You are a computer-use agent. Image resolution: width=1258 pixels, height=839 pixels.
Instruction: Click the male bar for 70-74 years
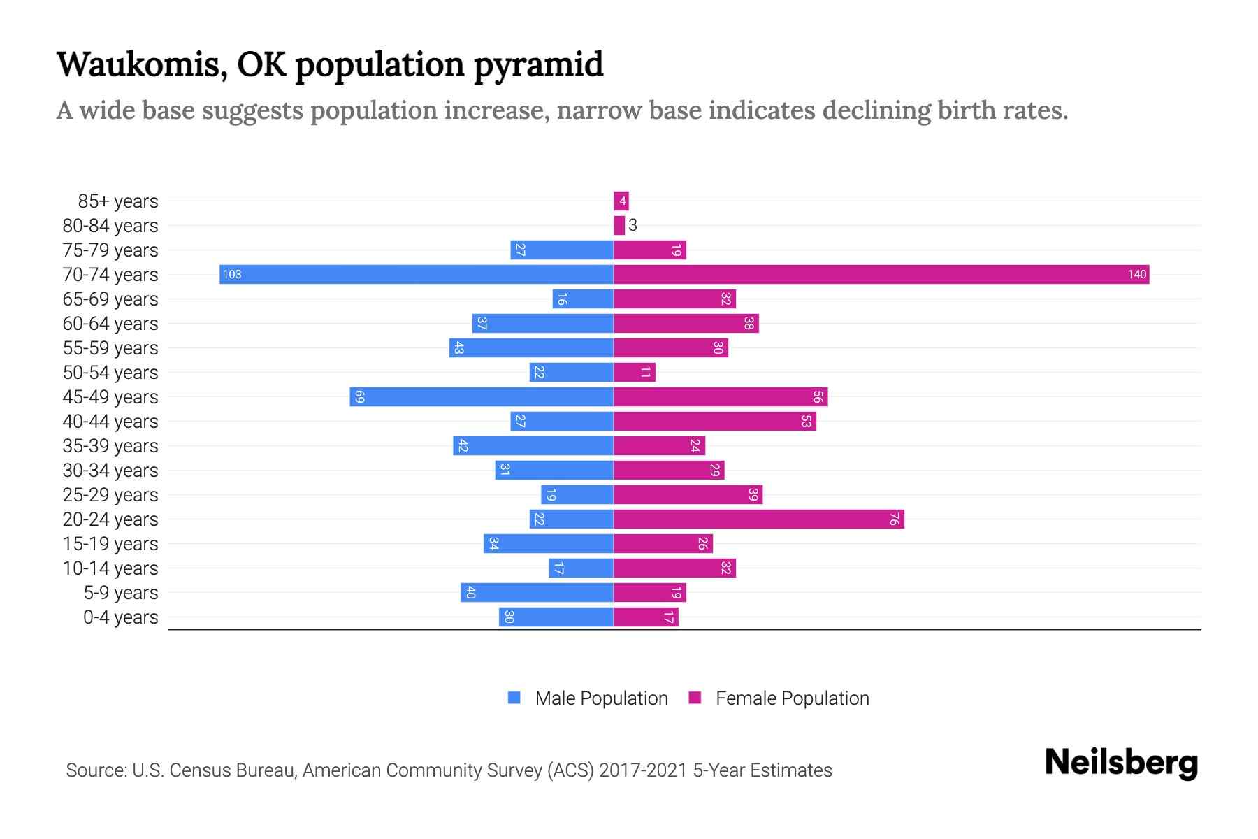point(416,274)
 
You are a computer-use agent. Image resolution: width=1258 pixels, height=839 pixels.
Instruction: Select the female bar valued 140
point(881,274)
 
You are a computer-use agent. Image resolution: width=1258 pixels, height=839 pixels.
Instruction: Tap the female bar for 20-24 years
point(758,519)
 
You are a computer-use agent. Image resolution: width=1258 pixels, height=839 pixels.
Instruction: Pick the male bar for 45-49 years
point(482,396)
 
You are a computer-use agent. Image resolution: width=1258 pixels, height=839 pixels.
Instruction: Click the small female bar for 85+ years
point(621,201)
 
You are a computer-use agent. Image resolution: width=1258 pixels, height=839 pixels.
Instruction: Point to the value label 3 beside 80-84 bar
point(632,225)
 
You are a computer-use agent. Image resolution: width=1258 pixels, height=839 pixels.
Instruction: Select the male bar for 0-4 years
point(556,617)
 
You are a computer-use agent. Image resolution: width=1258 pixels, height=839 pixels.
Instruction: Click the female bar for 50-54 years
point(635,372)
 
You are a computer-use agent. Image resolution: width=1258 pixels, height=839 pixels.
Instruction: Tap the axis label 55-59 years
point(110,347)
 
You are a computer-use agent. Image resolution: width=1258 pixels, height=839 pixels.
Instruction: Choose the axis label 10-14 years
point(110,568)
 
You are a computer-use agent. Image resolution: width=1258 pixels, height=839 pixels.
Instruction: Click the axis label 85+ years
point(118,201)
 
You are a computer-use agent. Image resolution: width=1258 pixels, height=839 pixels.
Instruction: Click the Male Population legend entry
point(601,698)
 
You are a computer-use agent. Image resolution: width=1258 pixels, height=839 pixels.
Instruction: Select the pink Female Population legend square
point(695,698)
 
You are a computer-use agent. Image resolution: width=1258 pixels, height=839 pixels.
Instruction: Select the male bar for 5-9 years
point(537,592)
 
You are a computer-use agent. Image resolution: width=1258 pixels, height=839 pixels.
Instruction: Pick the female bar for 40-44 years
point(714,421)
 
